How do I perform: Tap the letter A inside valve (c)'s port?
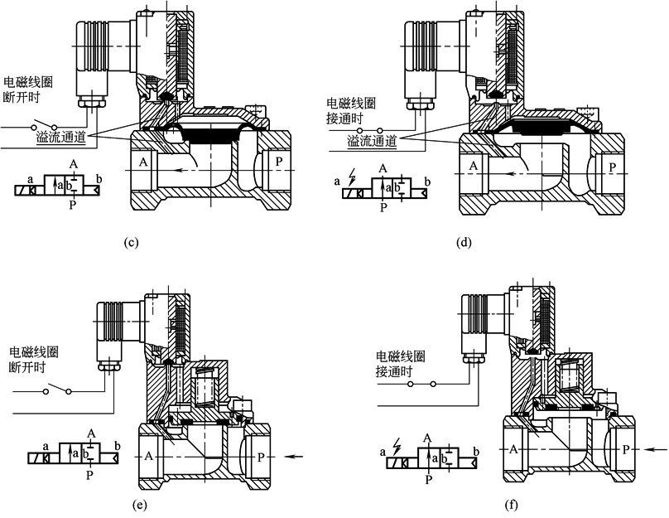(143, 161)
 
